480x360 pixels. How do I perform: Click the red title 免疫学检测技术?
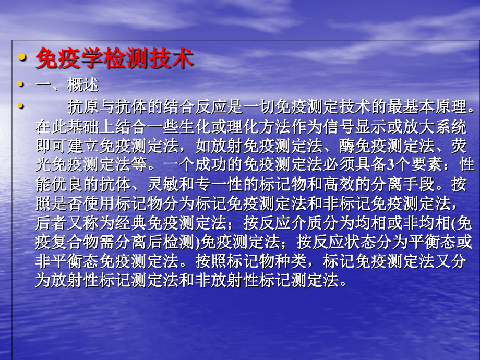point(114,59)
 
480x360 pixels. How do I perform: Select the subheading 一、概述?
point(67,85)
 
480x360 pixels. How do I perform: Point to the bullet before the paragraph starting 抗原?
point(21,106)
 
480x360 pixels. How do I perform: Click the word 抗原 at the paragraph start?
point(81,108)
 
